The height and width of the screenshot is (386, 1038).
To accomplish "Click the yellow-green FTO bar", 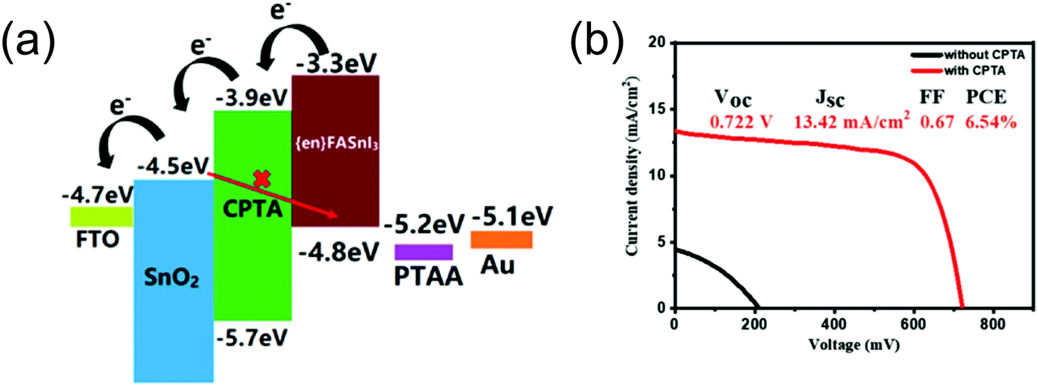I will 101,217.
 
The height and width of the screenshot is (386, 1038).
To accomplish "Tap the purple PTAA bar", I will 424,252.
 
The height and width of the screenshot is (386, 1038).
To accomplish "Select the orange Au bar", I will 501,239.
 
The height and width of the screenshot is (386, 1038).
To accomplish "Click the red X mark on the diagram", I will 262,179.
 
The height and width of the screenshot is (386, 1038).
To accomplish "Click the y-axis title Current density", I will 632,177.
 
